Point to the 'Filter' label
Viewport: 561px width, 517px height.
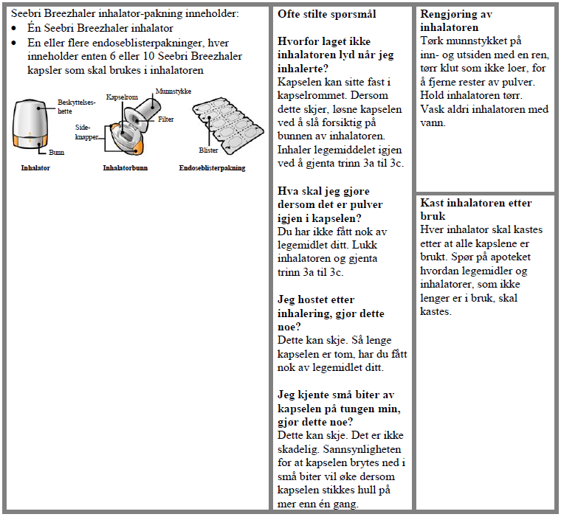pyautogui.click(x=165, y=119)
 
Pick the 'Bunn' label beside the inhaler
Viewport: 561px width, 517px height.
pyautogui.click(x=56, y=153)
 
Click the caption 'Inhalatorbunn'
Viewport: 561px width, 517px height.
pyautogui.click(x=125, y=168)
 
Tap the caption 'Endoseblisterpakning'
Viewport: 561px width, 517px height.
pyautogui.click(x=212, y=168)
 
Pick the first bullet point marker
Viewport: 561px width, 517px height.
pyautogui.click(x=16, y=28)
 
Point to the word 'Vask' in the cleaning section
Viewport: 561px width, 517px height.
pyautogui.click(x=432, y=109)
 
